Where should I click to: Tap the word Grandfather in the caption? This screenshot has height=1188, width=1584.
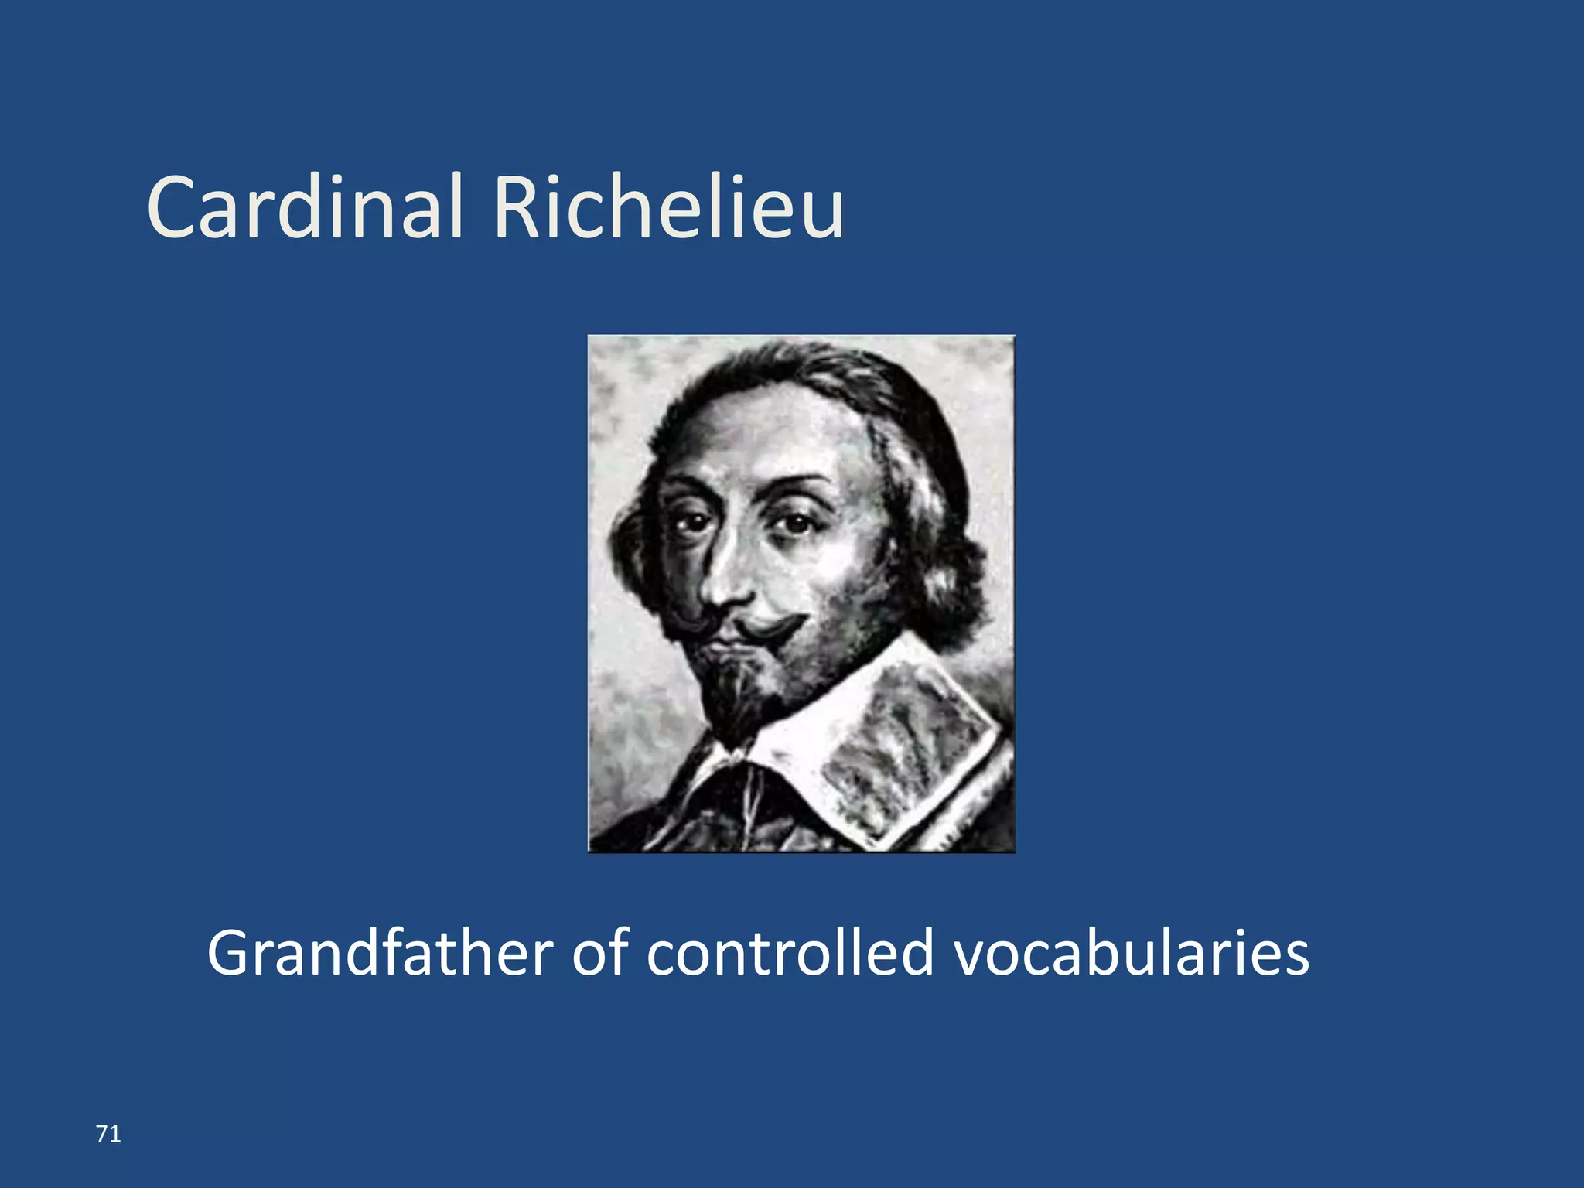[x=380, y=953]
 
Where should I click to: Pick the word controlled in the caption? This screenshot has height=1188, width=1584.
[x=790, y=953]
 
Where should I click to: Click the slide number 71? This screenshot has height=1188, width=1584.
[x=108, y=1134]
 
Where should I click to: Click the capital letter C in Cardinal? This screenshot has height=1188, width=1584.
[x=174, y=207]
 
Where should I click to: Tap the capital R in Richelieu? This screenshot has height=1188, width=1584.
[x=516, y=207]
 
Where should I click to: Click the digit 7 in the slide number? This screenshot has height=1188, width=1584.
[x=102, y=1134]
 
